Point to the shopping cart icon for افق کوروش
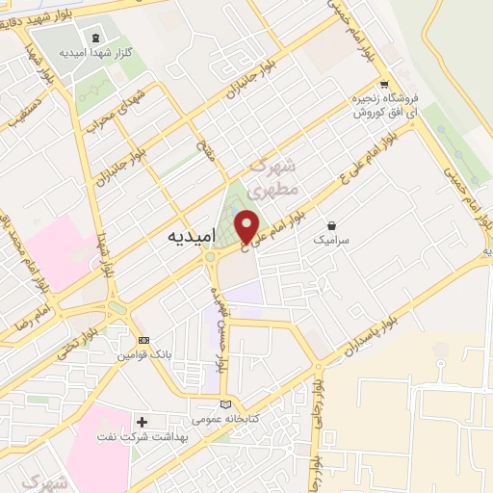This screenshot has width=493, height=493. [x=384, y=83]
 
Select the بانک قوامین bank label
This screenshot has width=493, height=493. [x=143, y=355]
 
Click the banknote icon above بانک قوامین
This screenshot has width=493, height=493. [x=144, y=340]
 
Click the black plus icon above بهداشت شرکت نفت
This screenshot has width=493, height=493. [x=142, y=421]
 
